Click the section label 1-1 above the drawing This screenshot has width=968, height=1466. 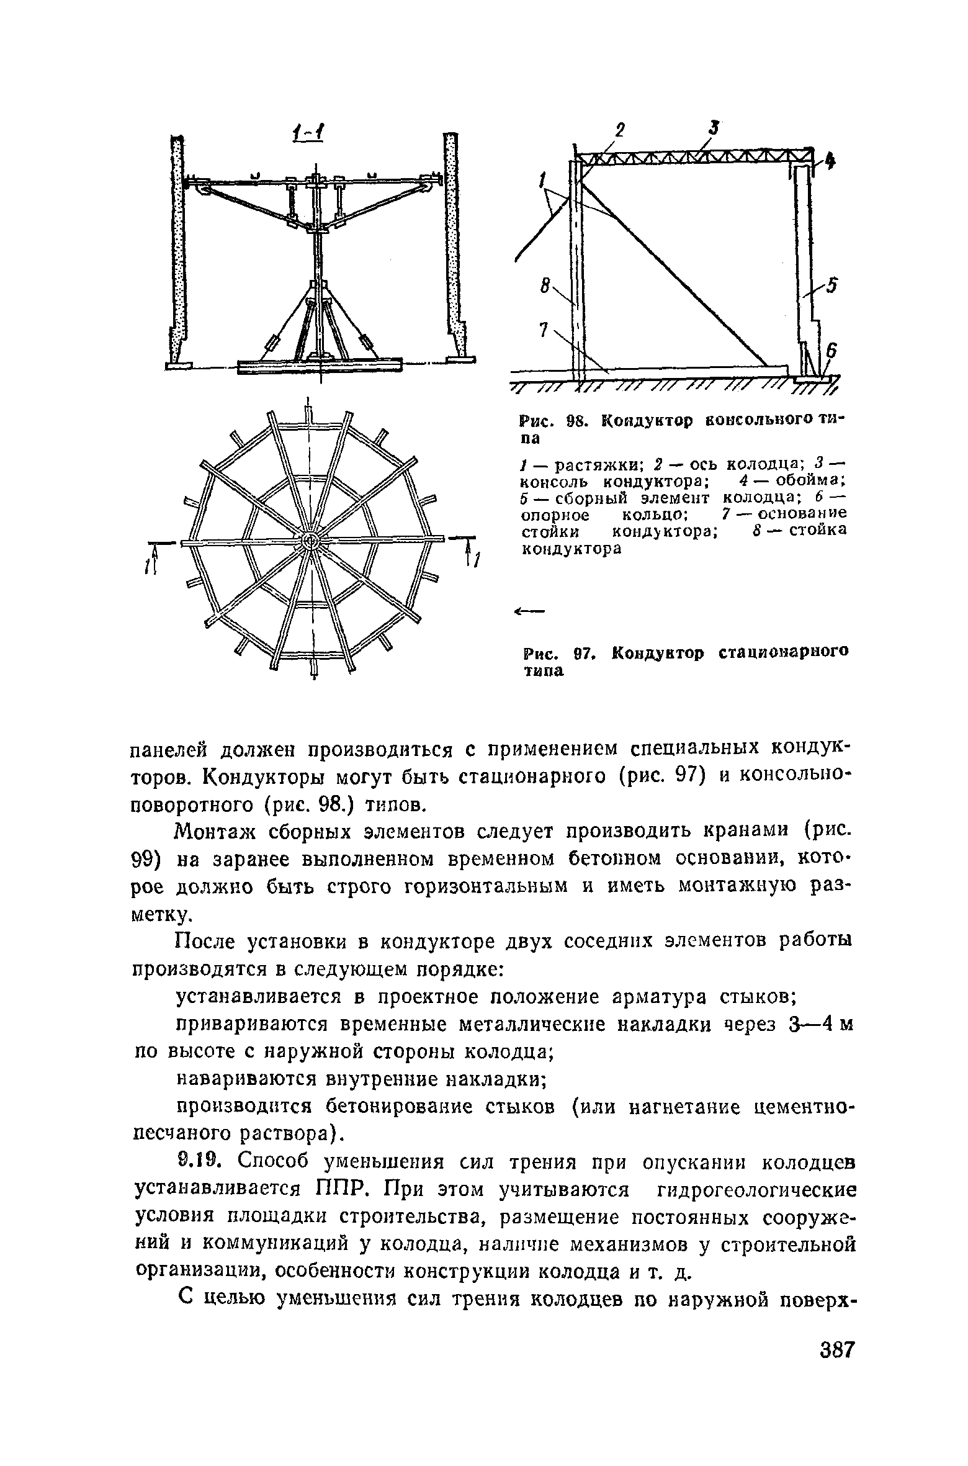pyautogui.click(x=311, y=133)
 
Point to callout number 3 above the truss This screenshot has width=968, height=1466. pyautogui.click(x=714, y=128)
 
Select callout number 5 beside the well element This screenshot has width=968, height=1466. pyautogui.click(x=831, y=285)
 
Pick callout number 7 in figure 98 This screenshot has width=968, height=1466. pyautogui.click(x=544, y=331)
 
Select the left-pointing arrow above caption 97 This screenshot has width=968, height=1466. pyautogui.click(x=529, y=612)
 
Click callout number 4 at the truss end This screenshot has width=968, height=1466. pyautogui.click(x=830, y=163)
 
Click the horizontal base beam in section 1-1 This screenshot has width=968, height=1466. pyautogui.click(x=320, y=366)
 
